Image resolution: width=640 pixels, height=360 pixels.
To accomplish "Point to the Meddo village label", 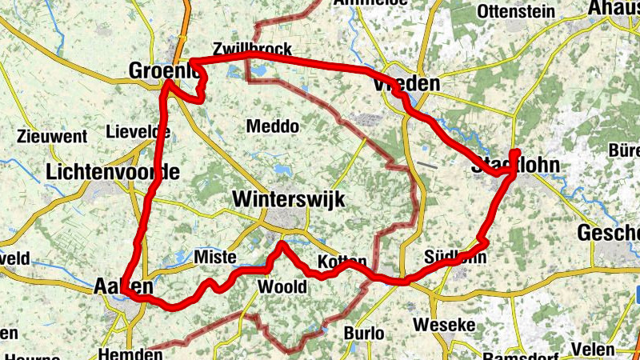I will (x=273, y=126).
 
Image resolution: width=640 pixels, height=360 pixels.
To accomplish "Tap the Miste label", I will (x=215, y=257).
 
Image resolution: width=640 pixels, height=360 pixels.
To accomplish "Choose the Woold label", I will (x=282, y=287).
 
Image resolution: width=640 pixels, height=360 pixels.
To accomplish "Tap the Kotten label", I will (x=342, y=262).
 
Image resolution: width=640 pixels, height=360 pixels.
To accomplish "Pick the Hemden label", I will (x=124, y=353).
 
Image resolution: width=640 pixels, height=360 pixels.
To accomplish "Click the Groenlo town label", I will (x=164, y=71).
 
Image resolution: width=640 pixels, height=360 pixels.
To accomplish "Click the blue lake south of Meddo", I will (x=283, y=170).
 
